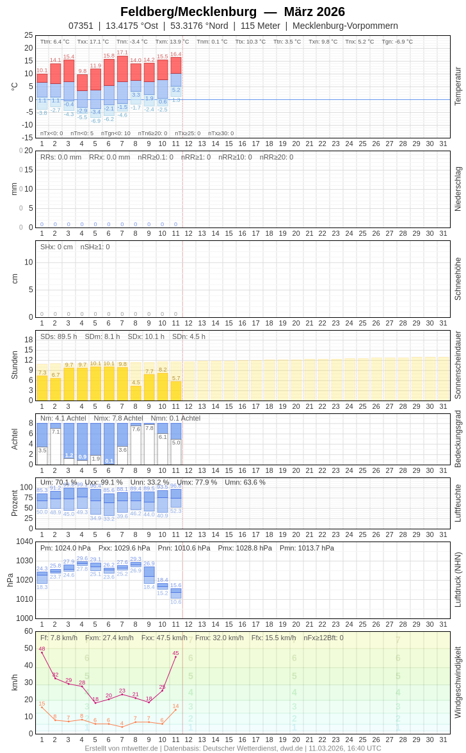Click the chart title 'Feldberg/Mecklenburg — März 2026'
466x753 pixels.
pos(232,12)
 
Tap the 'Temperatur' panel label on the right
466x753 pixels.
pos(458,86)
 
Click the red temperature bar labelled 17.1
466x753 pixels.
pos(122,69)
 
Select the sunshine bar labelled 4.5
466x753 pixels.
pos(136,393)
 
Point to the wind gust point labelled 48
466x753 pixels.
pos(42,652)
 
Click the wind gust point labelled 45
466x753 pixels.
pos(175,657)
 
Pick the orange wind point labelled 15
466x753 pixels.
pos(42,707)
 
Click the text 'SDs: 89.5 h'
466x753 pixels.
pos(58,336)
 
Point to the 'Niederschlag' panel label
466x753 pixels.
pos(458,189)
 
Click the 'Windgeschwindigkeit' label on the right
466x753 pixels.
pos(458,682)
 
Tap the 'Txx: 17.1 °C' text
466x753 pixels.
pos(93,42)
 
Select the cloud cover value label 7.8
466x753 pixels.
pos(149,428)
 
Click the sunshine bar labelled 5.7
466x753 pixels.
pos(176,390)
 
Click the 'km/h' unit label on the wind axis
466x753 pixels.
pos(14,682)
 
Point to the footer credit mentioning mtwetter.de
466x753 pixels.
pos(232,748)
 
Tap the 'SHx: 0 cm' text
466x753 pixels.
pos(56,247)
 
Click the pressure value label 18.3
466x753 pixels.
pos(42,587)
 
